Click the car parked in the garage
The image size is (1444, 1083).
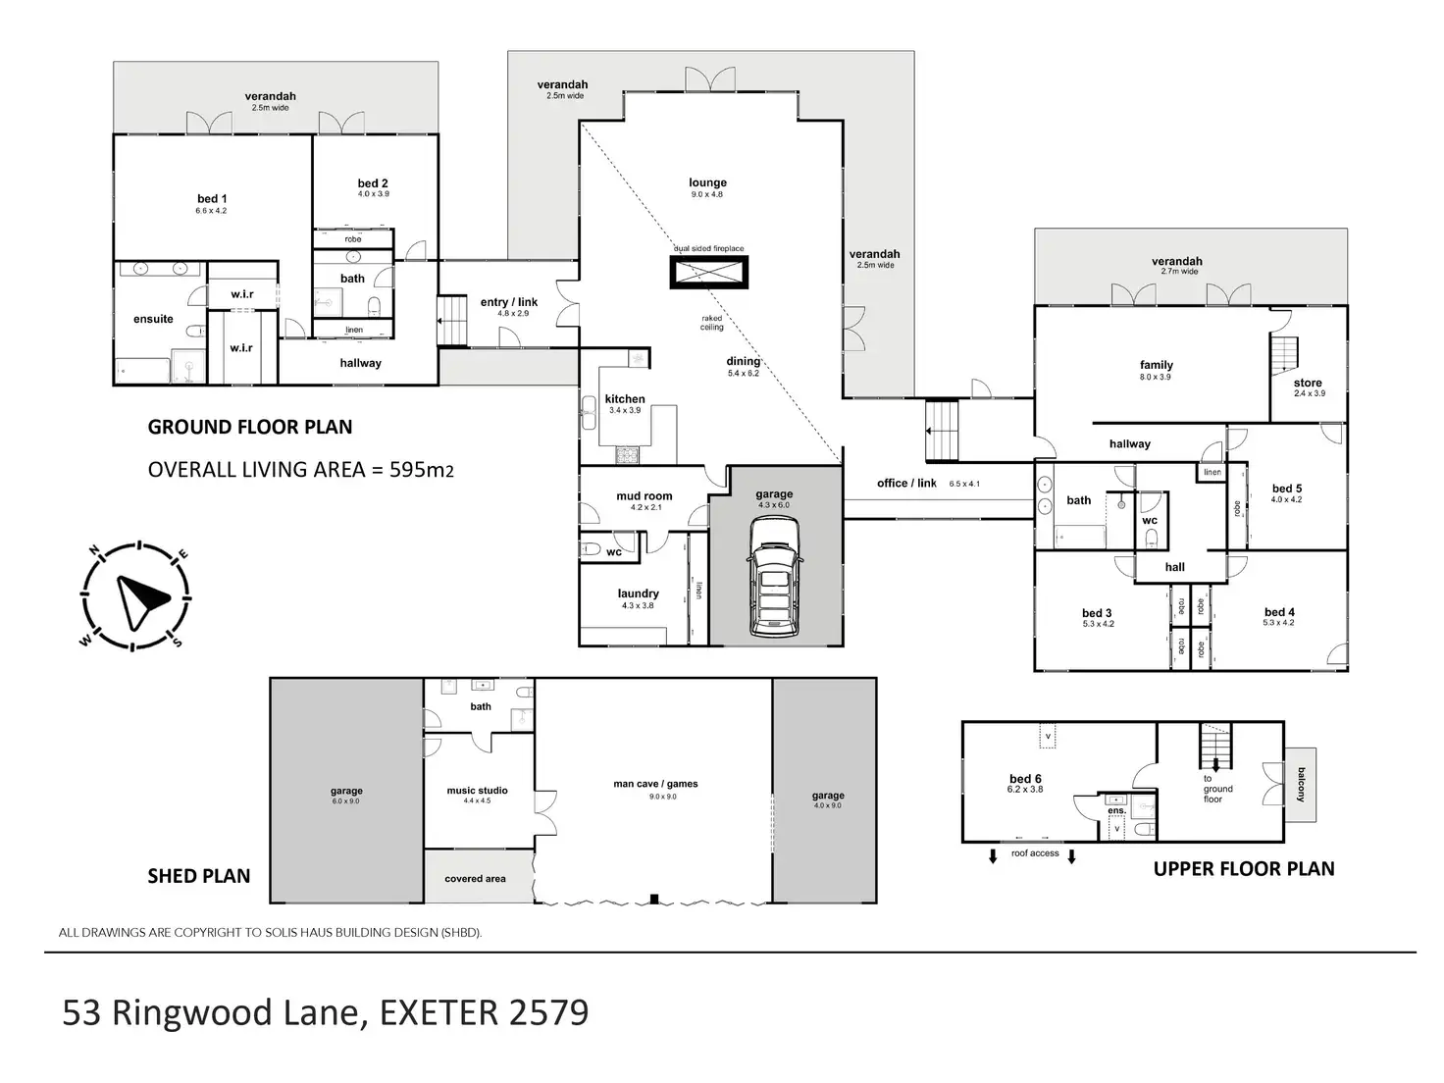click(775, 579)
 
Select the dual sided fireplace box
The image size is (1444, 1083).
click(709, 272)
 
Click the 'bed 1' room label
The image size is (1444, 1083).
click(212, 199)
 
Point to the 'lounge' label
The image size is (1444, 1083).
click(707, 182)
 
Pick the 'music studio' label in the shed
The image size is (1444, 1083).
click(477, 791)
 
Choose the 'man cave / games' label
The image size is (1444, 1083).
click(655, 784)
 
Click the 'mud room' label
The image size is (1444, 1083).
click(645, 496)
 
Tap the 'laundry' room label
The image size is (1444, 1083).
click(638, 593)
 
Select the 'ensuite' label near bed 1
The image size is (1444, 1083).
click(153, 319)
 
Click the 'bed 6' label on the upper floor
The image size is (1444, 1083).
click(1024, 779)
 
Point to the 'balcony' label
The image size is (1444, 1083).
click(1302, 784)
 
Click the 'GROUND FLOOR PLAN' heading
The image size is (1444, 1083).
click(249, 427)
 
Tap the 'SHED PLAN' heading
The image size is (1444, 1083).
click(198, 876)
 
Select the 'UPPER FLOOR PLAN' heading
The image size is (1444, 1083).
click(1243, 869)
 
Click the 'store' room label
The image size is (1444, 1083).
click(1308, 383)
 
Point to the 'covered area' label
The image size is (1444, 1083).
click(475, 879)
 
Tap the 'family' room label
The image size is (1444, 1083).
click(1157, 365)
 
